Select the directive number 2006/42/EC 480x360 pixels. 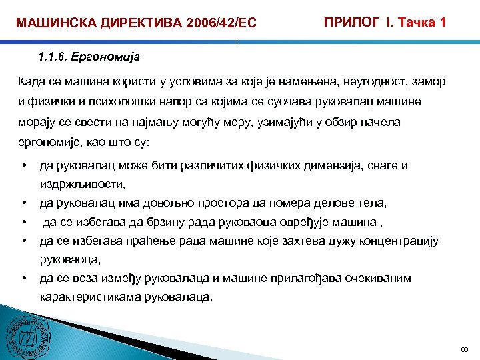click(217, 24)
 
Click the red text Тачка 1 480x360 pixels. click(422, 22)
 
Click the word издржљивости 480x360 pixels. click(83, 183)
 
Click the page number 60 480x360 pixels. click(465, 349)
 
